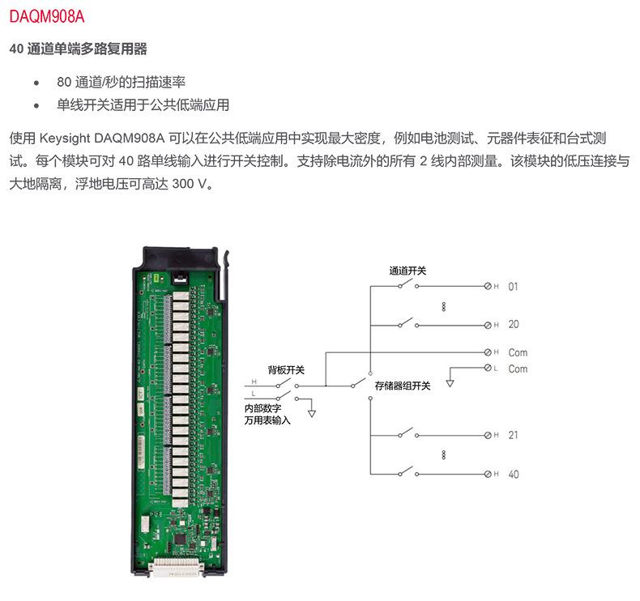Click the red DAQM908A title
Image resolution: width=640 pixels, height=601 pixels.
[x=46, y=17]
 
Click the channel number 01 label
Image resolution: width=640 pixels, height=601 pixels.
[x=513, y=287]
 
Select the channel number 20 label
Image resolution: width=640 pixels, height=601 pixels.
[x=514, y=324]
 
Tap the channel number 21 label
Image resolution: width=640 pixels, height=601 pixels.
[x=513, y=435]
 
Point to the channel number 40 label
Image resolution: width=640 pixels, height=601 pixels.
[x=514, y=474]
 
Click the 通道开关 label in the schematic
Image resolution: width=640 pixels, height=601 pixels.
[x=407, y=271]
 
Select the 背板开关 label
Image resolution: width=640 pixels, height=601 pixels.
[x=286, y=370]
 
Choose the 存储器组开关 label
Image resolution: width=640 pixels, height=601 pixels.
[x=403, y=386]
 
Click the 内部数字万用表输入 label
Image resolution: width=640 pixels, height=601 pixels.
[x=267, y=414]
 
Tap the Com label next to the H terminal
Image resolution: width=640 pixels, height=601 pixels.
[x=518, y=352]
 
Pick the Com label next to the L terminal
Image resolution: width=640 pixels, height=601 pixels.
[x=518, y=369]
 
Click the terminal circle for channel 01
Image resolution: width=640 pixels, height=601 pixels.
[x=488, y=286]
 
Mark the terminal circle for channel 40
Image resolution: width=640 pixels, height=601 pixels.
[x=488, y=474]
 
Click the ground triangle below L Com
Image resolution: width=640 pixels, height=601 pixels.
[x=450, y=384]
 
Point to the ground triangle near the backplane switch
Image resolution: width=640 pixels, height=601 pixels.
[x=312, y=414]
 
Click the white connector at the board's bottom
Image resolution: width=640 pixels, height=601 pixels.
[x=176, y=567]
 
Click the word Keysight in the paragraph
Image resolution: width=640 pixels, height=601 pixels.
[x=65, y=139]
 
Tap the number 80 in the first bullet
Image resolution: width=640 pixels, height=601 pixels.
[x=64, y=82]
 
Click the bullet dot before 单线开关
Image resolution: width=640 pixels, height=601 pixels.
[x=36, y=105]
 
